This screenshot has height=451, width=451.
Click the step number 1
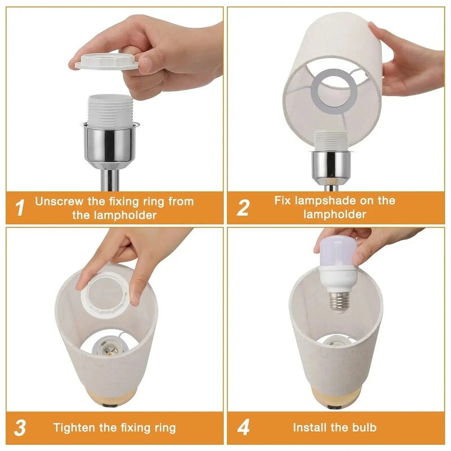pos(20,207)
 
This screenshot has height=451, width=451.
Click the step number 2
pos(243,207)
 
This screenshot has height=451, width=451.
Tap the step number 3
pos(20,427)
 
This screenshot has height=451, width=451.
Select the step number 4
pos(243,427)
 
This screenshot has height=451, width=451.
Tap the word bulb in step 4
pos(364,427)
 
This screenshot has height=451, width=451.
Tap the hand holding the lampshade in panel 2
pos(409,62)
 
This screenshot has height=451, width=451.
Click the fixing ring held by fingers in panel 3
pos(108,293)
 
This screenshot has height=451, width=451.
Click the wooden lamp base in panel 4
pos(336,397)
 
